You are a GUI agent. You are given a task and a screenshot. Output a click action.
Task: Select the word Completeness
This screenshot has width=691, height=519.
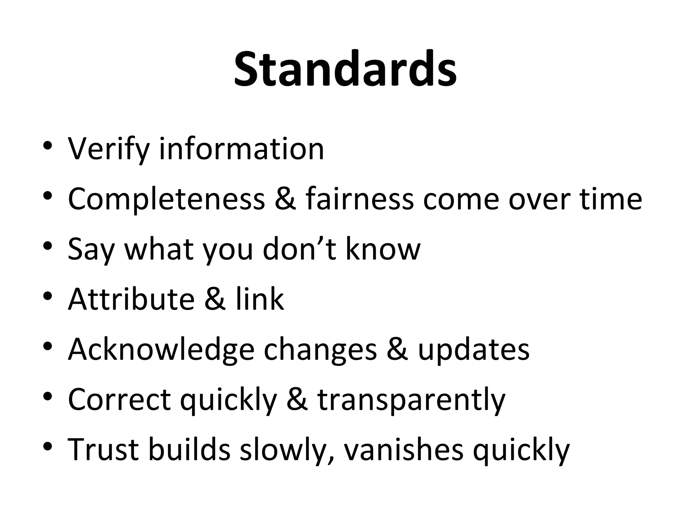point(166,199)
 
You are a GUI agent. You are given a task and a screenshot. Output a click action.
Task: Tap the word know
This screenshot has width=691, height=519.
point(383,249)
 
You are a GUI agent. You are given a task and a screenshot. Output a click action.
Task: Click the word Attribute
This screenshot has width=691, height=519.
point(131,299)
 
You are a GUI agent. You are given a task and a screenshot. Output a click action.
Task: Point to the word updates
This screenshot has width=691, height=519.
point(474,349)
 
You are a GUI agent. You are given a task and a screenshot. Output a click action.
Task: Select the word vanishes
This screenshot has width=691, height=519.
point(404,449)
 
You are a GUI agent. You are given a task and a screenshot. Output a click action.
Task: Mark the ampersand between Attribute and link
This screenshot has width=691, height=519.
point(215,299)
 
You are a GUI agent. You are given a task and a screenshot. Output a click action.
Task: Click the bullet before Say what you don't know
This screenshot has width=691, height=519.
point(48,246)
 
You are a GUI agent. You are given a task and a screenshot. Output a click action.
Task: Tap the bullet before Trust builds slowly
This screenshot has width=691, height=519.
point(48,446)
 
